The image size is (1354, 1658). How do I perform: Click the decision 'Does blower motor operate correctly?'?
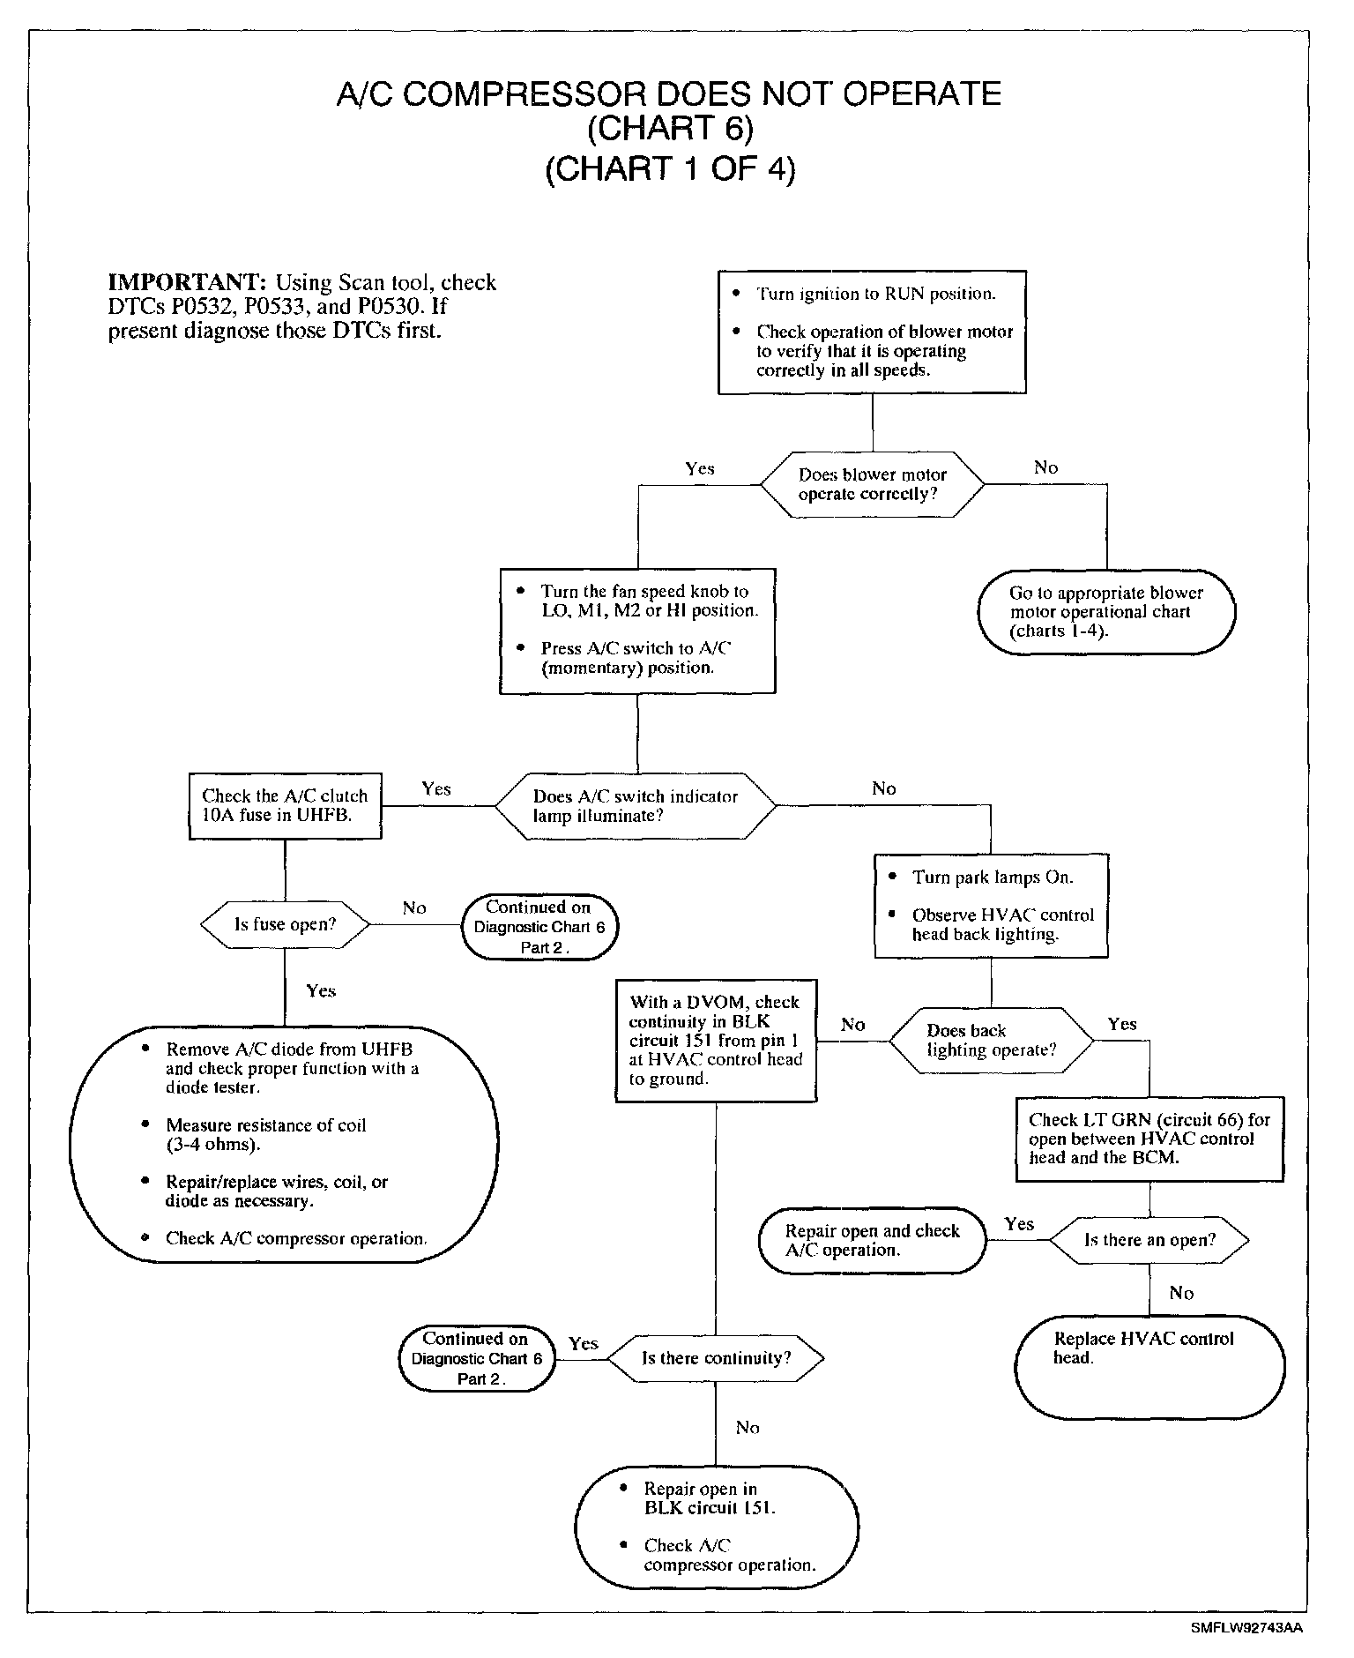(x=872, y=484)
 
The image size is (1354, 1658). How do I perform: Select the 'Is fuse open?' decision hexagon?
(x=285, y=924)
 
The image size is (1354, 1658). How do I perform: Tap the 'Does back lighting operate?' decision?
(x=991, y=1041)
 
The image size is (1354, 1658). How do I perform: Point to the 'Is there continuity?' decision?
(x=716, y=1358)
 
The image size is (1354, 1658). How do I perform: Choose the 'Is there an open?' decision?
(x=1149, y=1240)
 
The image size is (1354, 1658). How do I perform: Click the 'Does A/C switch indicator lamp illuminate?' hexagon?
(x=636, y=806)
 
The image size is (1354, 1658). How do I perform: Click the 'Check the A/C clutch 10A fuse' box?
(x=285, y=806)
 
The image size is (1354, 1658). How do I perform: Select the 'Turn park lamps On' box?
(x=991, y=906)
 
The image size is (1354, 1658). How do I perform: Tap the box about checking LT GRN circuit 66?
(x=1149, y=1139)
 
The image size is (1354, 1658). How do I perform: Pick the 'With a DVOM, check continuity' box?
(x=716, y=1041)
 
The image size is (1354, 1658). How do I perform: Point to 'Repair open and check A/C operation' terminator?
(x=872, y=1240)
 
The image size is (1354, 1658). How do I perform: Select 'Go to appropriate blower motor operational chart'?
(x=1106, y=612)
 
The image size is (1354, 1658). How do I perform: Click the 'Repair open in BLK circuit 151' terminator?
(x=716, y=1527)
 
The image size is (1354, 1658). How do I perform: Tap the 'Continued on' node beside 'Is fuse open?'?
(x=539, y=927)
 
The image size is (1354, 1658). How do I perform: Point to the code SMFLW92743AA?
(x=1246, y=1629)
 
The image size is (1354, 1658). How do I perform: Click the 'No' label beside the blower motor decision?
(x=1045, y=468)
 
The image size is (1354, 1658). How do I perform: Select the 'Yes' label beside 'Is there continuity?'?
(x=583, y=1343)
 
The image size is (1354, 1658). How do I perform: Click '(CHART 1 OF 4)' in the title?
(x=670, y=168)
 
